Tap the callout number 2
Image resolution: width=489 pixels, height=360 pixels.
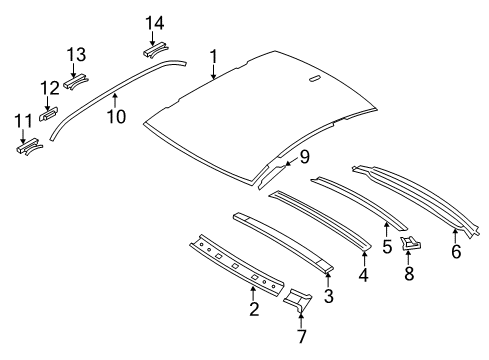254,310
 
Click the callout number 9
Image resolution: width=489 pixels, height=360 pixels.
305,154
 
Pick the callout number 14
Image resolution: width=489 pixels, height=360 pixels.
154,22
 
